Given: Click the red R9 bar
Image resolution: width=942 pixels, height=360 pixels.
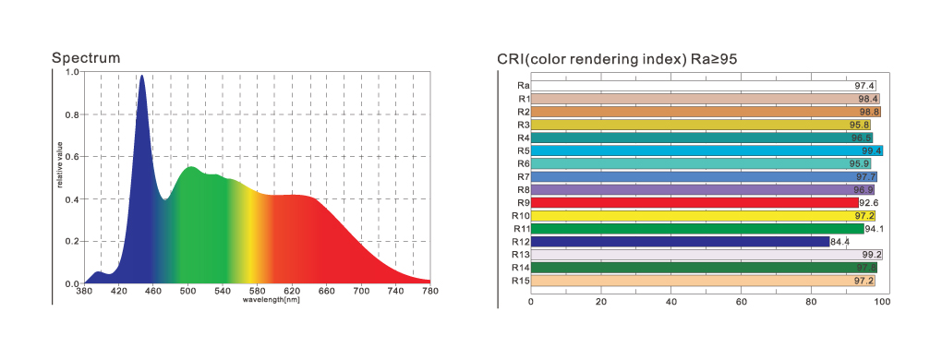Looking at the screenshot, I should click(x=693, y=202).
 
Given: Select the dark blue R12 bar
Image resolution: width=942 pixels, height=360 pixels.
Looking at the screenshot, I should click(x=679, y=242).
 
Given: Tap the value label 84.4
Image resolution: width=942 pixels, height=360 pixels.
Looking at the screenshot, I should click(x=840, y=242).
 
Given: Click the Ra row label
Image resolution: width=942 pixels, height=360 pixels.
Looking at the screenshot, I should click(x=522, y=86).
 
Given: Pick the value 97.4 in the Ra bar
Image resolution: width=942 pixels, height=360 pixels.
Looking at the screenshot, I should click(x=865, y=86).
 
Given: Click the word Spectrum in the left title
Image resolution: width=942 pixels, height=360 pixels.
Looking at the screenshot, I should click(x=86, y=58).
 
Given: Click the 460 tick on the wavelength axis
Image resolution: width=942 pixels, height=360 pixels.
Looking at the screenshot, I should click(x=153, y=292).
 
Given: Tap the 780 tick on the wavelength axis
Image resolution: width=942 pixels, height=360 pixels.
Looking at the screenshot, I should click(x=429, y=292).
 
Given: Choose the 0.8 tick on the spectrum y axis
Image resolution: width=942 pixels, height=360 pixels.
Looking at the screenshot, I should click(x=72, y=114).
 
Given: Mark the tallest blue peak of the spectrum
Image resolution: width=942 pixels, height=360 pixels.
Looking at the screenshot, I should click(x=141, y=78).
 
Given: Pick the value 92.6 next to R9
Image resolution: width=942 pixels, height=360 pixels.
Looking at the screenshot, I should click(x=869, y=202).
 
